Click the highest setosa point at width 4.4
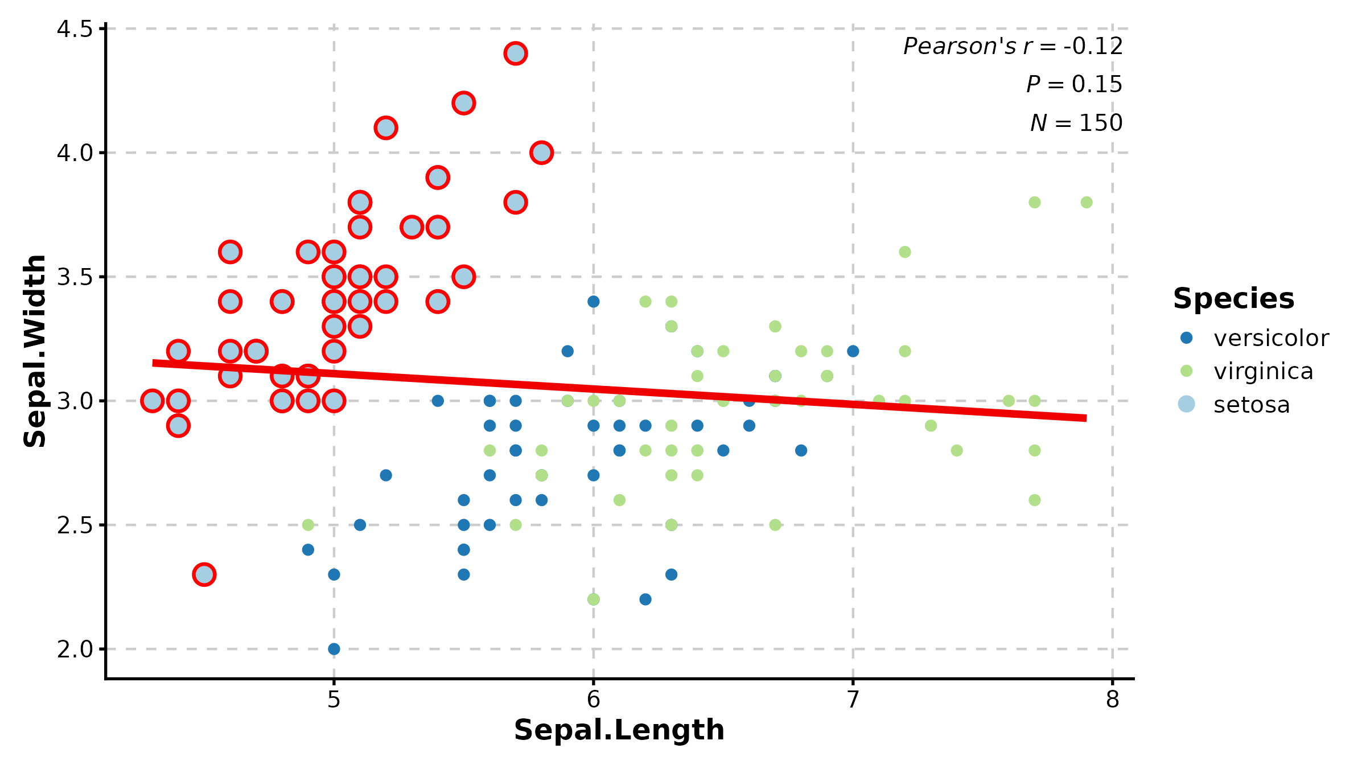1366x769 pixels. pyautogui.click(x=515, y=54)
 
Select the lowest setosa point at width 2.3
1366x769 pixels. pyautogui.click(x=204, y=574)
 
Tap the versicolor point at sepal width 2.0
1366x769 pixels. pyautogui.click(x=334, y=649)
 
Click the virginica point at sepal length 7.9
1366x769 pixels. pyautogui.click(x=1087, y=202)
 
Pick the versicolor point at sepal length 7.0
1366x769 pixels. pyautogui.click(x=853, y=351)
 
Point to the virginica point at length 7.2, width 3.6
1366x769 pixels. pyautogui.click(x=905, y=252)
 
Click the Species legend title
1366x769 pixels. pyautogui.click(x=1233, y=298)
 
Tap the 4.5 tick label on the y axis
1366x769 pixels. pyautogui.click(x=75, y=28)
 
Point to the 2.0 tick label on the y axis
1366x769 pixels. pyautogui.click(x=75, y=649)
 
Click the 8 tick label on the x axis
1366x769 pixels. pyautogui.click(x=1112, y=700)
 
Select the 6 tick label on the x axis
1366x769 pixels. pyautogui.click(x=593, y=700)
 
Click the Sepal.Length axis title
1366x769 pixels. pyautogui.click(x=619, y=730)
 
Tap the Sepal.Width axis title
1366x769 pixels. pyautogui.click(x=35, y=351)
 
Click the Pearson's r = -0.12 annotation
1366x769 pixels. pyautogui.click(x=1013, y=46)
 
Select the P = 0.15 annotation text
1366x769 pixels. pyautogui.click(x=1074, y=84)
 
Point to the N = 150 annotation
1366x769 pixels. pyautogui.click(x=1076, y=122)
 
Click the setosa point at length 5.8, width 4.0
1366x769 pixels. pyautogui.click(x=541, y=153)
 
